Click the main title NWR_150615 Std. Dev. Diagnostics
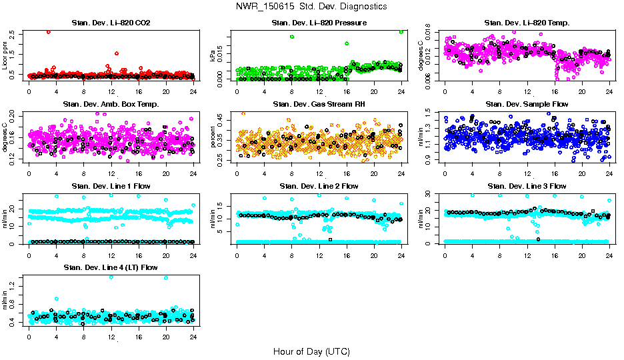[x=311, y=6]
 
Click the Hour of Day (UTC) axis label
[x=311, y=351]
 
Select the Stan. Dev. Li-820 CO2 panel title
[x=111, y=23]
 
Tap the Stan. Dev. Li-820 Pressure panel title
[x=319, y=23]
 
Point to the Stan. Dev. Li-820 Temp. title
[x=527, y=23]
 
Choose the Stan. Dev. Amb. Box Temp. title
[x=111, y=105]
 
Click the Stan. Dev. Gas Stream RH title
[x=319, y=105]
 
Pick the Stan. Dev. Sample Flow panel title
[x=527, y=105]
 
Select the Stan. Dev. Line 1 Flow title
[x=111, y=186]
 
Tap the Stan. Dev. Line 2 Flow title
[x=319, y=186]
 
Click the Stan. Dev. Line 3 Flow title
[x=527, y=186]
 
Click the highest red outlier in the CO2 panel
[x=48, y=31]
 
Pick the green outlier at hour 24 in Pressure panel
[x=401, y=31]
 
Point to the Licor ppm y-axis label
[x=5, y=55]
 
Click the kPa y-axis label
[x=213, y=55]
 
